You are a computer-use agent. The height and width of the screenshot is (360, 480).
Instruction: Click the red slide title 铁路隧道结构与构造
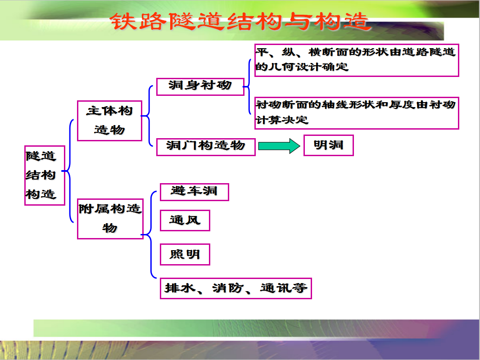(x=240, y=22)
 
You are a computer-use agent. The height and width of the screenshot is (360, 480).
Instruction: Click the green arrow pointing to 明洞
(x=279, y=146)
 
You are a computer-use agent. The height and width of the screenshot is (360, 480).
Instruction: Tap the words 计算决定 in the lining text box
(x=282, y=120)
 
